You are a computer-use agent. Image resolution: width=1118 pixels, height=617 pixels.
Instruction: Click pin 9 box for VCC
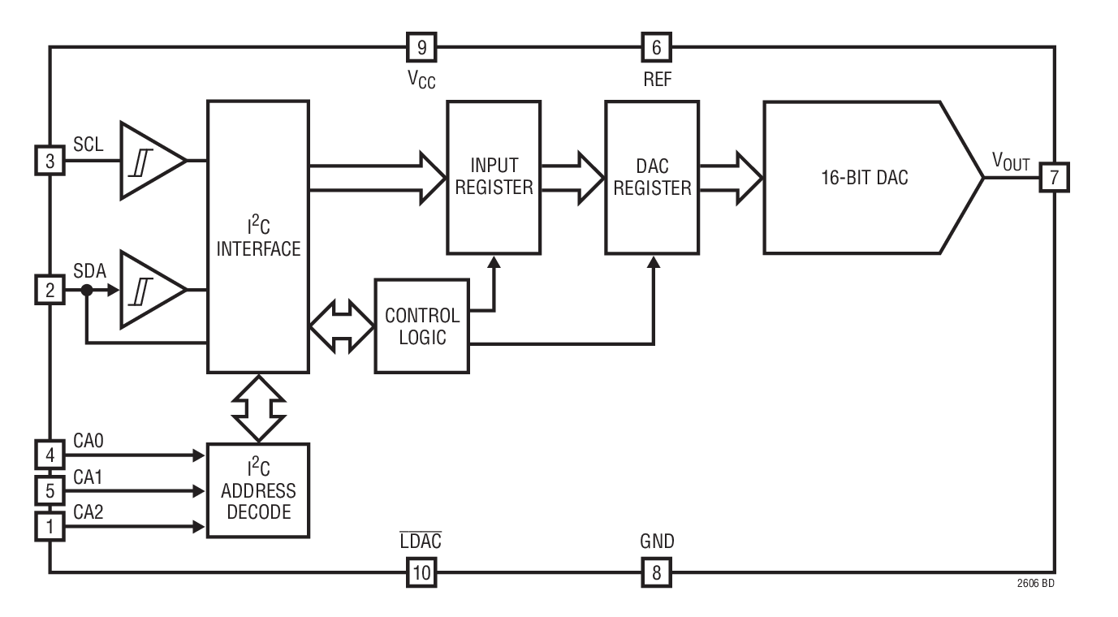(421, 48)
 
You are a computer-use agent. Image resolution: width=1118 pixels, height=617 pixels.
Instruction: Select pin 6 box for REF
(656, 48)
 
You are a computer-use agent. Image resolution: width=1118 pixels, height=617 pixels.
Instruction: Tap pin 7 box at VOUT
(1054, 176)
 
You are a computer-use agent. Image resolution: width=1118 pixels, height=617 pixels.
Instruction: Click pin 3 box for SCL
(50, 161)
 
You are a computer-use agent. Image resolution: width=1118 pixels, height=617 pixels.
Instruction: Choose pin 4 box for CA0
(50, 455)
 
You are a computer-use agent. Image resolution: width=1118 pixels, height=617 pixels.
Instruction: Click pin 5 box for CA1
(50, 490)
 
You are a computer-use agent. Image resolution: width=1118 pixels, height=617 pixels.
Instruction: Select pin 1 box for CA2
(50, 526)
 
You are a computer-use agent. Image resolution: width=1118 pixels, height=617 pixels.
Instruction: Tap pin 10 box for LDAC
(421, 572)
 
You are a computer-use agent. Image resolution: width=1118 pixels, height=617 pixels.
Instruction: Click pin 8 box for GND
(656, 572)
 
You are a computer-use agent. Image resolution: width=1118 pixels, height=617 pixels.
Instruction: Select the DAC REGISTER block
(652, 176)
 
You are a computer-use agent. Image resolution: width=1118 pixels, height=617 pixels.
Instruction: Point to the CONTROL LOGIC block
(421, 326)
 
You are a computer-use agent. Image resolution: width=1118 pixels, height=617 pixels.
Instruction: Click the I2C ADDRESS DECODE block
(257, 490)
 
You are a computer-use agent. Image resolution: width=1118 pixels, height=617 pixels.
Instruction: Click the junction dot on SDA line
(85, 290)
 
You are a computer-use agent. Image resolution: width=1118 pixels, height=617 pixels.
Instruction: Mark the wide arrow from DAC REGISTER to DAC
(732, 176)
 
